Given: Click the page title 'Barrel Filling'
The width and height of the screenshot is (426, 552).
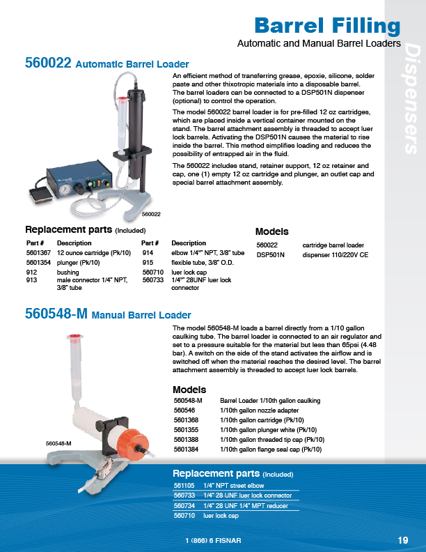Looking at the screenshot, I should (x=327, y=26).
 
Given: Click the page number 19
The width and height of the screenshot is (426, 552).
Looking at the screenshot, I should (x=403, y=540).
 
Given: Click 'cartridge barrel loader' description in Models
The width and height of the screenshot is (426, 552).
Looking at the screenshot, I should (x=333, y=245).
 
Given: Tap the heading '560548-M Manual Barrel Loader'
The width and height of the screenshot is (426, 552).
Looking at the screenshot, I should (x=108, y=314).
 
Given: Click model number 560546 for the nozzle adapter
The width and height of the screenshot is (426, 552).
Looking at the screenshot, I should (x=183, y=411).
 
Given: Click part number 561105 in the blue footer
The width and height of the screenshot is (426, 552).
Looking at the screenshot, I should (x=183, y=484).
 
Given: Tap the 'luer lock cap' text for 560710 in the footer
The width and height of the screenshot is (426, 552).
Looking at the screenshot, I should (x=221, y=516).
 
